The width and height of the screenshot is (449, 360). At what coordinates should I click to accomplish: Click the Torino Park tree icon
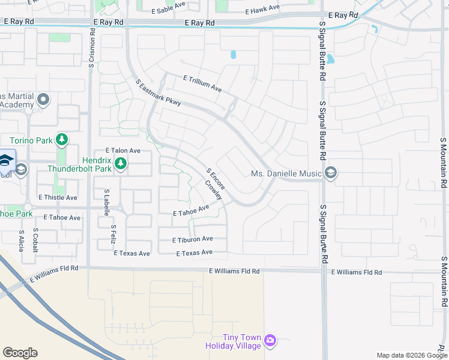click(x=61, y=140)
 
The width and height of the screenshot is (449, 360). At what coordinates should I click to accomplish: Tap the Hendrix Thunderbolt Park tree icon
click(x=120, y=163)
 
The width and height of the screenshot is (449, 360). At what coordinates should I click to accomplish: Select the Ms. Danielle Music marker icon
click(x=330, y=173)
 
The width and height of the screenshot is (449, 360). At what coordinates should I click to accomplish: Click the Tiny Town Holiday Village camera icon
click(x=270, y=341)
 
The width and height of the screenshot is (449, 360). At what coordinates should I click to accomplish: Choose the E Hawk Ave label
click(x=263, y=8)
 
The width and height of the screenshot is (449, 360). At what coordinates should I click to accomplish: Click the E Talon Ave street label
click(x=122, y=151)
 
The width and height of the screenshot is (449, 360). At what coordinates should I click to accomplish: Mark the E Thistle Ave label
click(x=58, y=197)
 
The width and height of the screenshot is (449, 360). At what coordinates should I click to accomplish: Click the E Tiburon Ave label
click(x=192, y=239)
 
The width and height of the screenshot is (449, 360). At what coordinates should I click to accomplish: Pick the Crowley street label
click(x=213, y=190)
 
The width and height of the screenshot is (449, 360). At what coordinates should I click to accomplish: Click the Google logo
click(x=20, y=353)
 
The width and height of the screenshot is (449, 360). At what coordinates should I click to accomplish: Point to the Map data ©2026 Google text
click(x=411, y=355)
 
